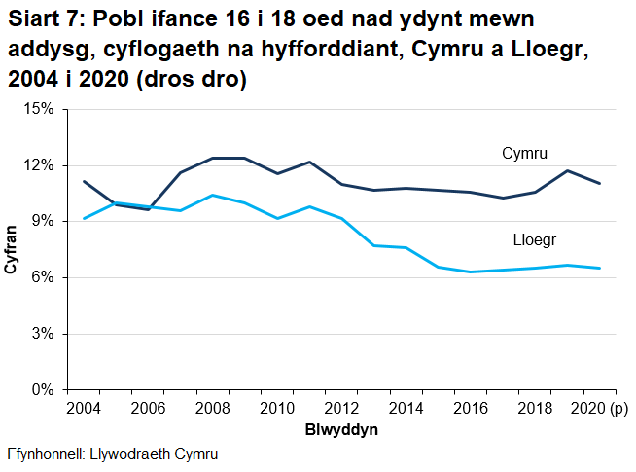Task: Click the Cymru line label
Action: (525, 154)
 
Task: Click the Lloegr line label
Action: (534, 240)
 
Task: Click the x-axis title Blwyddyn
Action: (342, 429)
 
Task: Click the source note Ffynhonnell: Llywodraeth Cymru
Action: (112, 454)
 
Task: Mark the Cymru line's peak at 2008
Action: (214, 158)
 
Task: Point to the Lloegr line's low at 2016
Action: (472, 272)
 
